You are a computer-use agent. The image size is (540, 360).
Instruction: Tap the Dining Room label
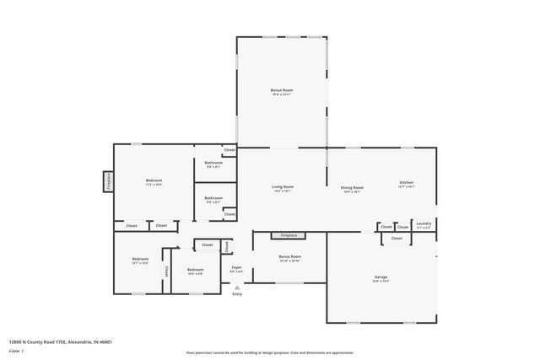pos(352,187)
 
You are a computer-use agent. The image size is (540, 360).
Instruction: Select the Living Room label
pos(282,186)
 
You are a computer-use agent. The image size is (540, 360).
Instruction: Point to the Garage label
pos(381,277)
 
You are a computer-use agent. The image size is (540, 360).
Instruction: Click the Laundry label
pos(424,223)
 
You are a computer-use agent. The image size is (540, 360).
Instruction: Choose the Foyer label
pos(237,267)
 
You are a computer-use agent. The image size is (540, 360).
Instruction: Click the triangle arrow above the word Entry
pos(237,287)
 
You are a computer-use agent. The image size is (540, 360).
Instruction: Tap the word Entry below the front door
pos(237,293)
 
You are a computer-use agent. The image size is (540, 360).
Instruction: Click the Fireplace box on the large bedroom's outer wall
pos(108,181)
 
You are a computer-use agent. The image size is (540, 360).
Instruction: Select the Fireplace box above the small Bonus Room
pos(289,235)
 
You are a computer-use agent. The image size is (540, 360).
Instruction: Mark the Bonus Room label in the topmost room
pos(282,89)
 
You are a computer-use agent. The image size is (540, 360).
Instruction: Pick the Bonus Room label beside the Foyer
pos(289,256)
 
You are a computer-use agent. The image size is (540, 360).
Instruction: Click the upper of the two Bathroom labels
pos(213,163)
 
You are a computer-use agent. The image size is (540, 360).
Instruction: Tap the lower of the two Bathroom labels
pos(213,198)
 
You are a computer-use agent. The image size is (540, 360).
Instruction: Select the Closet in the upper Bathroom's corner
pos(229,150)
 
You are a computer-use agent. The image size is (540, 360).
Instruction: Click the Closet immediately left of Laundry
pos(386,227)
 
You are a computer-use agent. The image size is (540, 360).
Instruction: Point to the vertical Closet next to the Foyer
pos(226,246)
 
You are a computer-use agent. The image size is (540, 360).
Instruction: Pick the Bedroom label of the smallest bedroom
pos(195,269)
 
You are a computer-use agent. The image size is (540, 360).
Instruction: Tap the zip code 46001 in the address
pos(105,341)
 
